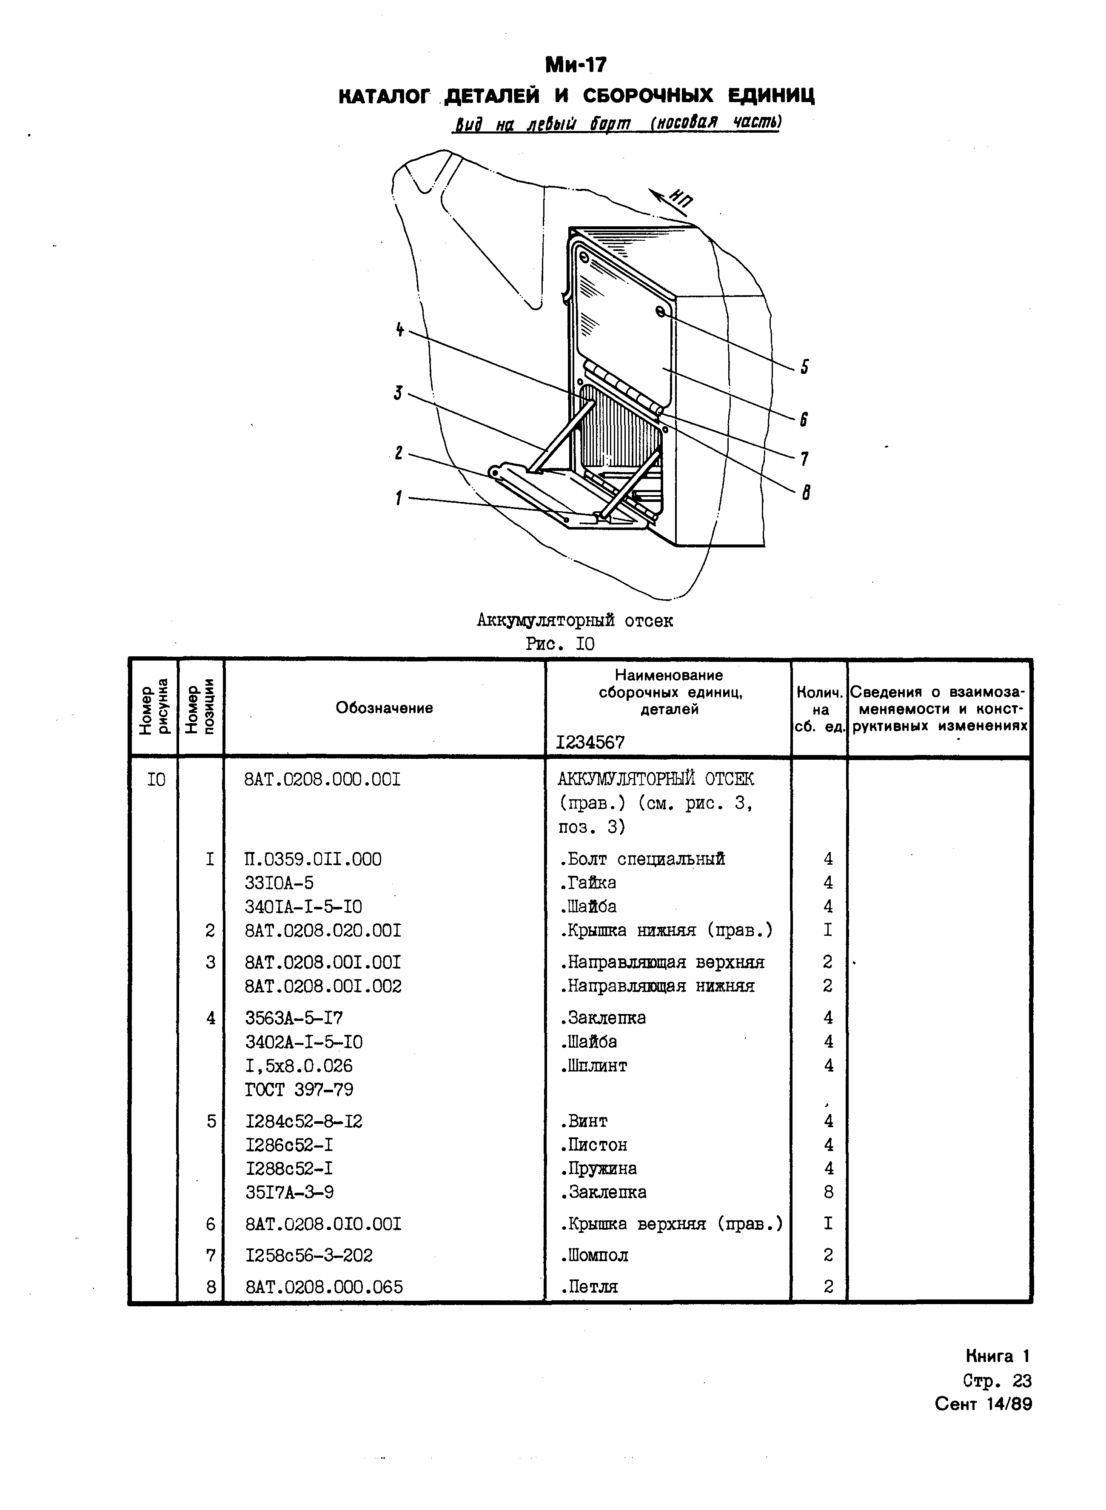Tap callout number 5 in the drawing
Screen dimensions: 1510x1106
click(x=804, y=367)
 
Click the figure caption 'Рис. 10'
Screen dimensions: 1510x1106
click(x=560, y=644)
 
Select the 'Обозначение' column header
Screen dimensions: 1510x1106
click(x=384, y=707)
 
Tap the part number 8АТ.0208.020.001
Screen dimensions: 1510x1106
click(x=323, y=930)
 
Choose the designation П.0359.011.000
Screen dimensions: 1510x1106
click(x=314, y=859)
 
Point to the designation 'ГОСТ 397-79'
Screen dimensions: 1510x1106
click(x=299, y=1090)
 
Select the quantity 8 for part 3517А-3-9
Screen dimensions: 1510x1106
click(x=828, y=1192)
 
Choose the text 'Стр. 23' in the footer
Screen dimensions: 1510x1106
click(x=997, y=1380)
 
